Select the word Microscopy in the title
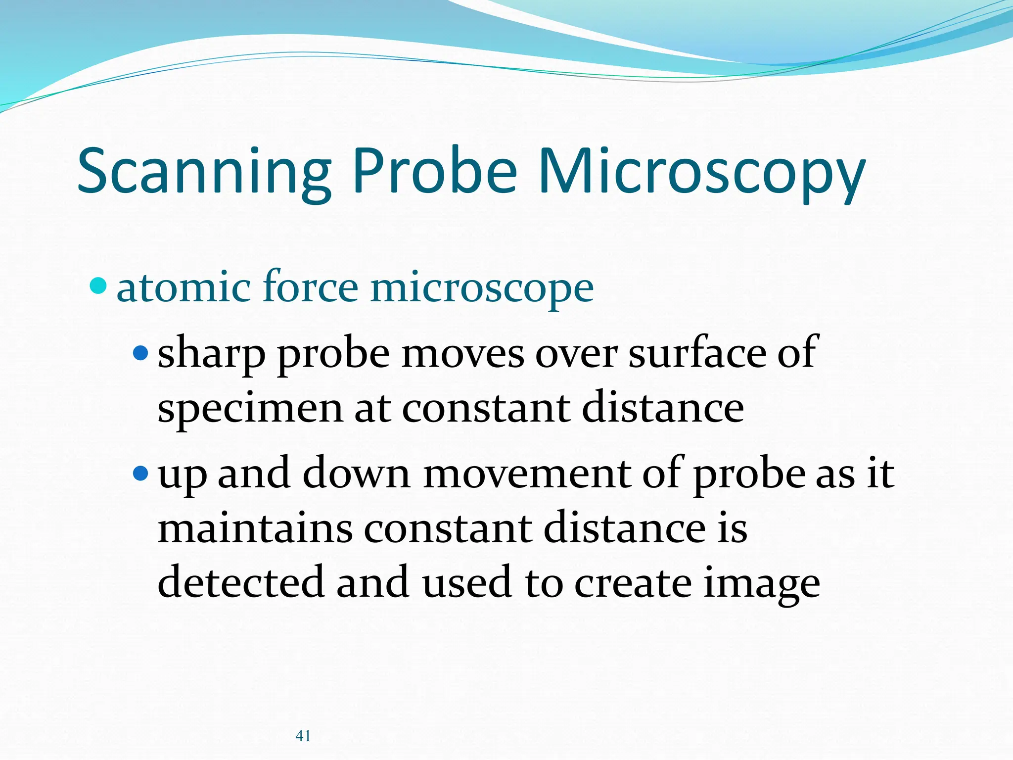[701, 172]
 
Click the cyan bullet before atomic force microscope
[98, 285]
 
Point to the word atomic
[183, 288]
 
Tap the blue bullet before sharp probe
[140, 353]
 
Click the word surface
[696, 353]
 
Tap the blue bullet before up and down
[140, 474]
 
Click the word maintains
[255, 528]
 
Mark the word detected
[240, 582]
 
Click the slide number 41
[303, 736]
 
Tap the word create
[633, 583]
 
